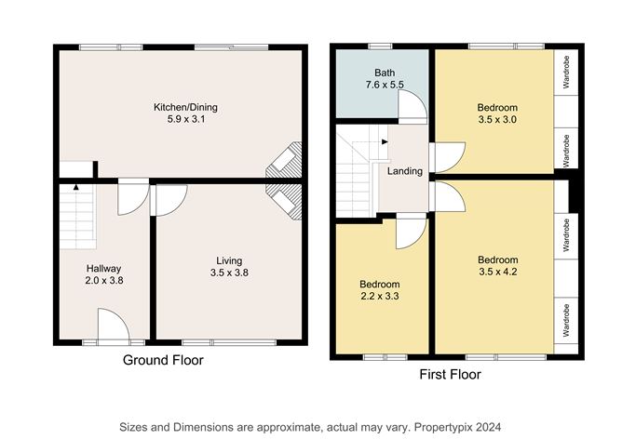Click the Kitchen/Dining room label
click(185, 107)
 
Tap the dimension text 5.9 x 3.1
click(186, 119)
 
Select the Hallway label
click(103, 268)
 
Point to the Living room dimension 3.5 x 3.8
click(229, 273)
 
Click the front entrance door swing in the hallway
click(114, 324)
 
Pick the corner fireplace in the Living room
click(284, 201)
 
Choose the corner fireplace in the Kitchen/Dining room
click(284, 160)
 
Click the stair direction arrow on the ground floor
click(75, 187)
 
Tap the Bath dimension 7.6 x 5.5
click(385, 85)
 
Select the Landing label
click(405, 171)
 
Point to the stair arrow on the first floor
click(385, 142)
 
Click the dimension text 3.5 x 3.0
click(497, 119)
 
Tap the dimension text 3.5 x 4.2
click(498, 272)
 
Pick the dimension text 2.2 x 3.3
click(380, 296)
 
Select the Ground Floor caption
click(163, 360)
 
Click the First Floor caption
click(451, 374)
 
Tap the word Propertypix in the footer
click(443, 428)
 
